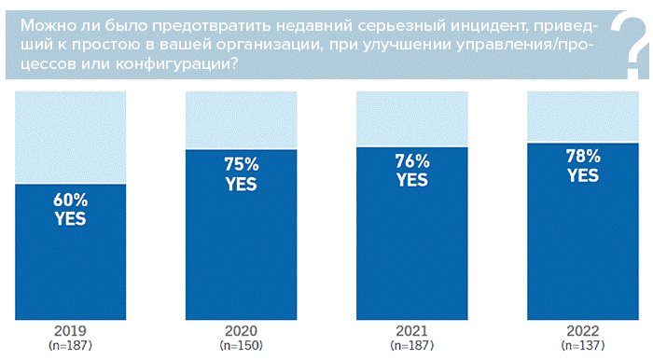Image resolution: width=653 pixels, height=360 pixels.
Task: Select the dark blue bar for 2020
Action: click(x=241, y=252)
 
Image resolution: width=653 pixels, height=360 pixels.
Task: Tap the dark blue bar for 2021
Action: click(x=412, y=252)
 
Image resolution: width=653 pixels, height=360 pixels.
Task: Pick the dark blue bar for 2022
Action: click(x=583, y=252)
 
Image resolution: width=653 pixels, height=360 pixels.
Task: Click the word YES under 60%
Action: click(x=70, y=220)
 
